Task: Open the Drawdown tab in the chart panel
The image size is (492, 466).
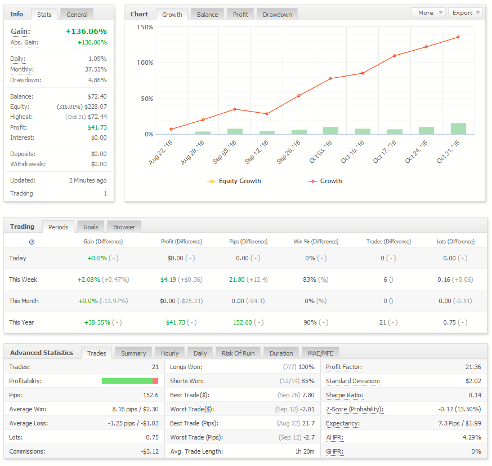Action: [277, 15]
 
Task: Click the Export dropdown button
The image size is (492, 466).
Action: [466, 12]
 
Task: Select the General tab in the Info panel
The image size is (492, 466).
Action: [77, 15]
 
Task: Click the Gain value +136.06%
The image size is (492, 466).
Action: [86, 32]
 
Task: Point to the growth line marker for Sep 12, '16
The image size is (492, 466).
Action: [267, 114]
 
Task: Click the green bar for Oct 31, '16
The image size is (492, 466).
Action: [458, 128]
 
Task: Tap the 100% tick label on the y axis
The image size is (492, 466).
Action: [145, 63]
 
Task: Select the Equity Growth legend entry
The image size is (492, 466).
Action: [234, 181]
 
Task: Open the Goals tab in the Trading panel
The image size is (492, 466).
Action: [91, 227]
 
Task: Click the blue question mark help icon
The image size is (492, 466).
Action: [32, 242]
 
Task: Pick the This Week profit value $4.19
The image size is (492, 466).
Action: [168, 279]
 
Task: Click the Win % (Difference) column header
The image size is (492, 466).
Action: [316, 242]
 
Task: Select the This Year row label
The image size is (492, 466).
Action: [21, 322]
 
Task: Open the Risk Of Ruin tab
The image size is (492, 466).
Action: [238, 353]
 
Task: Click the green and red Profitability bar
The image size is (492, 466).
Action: [130, 381]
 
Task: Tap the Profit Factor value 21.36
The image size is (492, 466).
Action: [473, 367]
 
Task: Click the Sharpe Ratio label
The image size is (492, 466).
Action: [345, 395]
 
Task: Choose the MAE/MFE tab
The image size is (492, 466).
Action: [320, 353]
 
